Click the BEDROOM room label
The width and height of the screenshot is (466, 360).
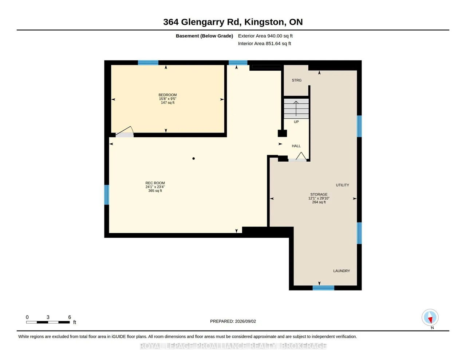tap(167, 95)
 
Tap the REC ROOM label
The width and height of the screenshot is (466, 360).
tap(155, 183)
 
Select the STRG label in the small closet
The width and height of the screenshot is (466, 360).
tap(297, 80)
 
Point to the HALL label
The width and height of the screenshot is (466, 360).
tap(296, 146)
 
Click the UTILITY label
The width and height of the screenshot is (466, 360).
tap(343, 185)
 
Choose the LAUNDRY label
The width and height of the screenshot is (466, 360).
tap(341, 271)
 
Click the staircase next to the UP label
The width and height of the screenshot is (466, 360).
tap(296, 108)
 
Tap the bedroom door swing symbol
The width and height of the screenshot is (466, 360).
tap(125, 132)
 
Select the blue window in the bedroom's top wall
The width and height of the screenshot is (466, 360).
tap(148, 63)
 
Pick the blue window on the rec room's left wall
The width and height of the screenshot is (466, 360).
tap(107, 195)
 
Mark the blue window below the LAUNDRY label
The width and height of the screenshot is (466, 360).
tap(323, 288)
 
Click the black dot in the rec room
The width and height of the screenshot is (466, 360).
tap(193, 158)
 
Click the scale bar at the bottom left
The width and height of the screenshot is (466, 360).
tap(48, 322)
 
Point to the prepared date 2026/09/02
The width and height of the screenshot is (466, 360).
tap(245, 321)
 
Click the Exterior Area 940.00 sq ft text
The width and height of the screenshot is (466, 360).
tap(265, 36)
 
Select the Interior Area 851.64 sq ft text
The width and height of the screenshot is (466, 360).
tap(264, 44)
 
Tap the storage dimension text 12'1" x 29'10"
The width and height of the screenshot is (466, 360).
tap(319, 198)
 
